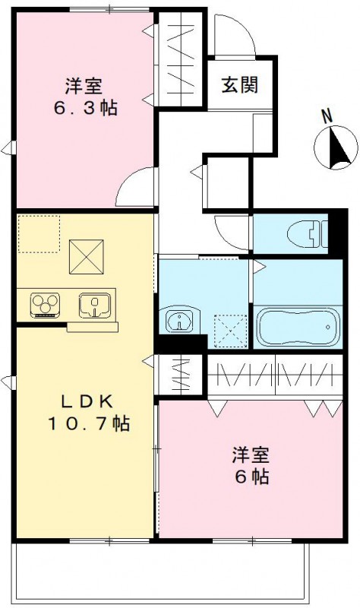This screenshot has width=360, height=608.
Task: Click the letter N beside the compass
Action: (327, 116)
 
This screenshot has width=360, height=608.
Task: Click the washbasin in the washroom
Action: (180, 321)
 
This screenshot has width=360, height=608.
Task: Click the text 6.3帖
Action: (85, 107)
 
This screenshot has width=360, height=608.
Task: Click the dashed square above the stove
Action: (39, 233)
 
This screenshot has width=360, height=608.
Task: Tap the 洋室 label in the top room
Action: (84, 85)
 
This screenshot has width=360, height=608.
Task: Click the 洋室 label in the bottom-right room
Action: (251, 456)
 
